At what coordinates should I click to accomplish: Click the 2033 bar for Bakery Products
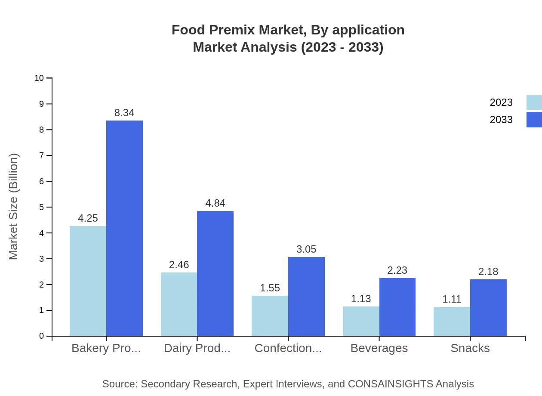coord(124,228)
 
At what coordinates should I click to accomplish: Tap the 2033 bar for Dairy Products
coord(215,273)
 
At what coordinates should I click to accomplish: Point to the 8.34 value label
coord(124,113)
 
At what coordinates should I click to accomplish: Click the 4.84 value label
coord(215,203)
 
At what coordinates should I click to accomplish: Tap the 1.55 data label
coord(270,288)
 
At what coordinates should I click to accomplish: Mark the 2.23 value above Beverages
coord(397,270)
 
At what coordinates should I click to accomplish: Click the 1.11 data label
coord(452,299)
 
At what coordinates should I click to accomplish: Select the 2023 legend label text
coord(501,102)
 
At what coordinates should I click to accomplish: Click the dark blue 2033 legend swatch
coord(534,120)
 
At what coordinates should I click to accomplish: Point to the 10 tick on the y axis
coord(39,78)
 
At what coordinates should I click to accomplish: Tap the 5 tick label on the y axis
coord(41,207)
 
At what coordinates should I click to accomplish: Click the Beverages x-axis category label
coord(379,348)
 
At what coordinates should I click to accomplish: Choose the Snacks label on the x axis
coord(470,348)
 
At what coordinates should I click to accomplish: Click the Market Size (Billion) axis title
coord(14,207)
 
